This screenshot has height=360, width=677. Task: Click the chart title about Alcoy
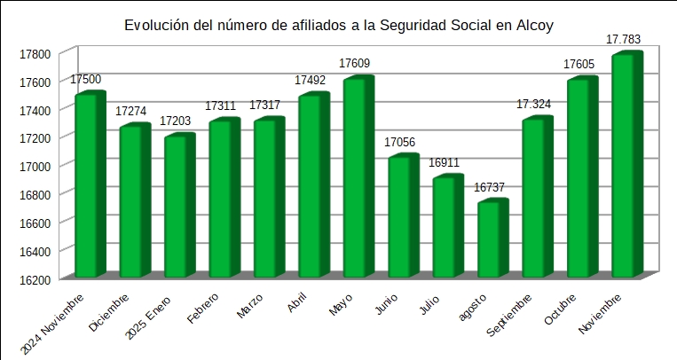coord(338,26)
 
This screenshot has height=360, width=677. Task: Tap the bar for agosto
coord(491,240)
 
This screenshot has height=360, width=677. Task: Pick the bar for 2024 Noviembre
coord(89,186)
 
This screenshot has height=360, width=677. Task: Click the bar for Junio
coord(401,218)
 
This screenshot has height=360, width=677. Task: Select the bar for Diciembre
coord(133,203)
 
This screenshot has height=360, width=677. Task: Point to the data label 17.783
coord(623,39)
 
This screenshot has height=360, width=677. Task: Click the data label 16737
coord(490,187)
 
